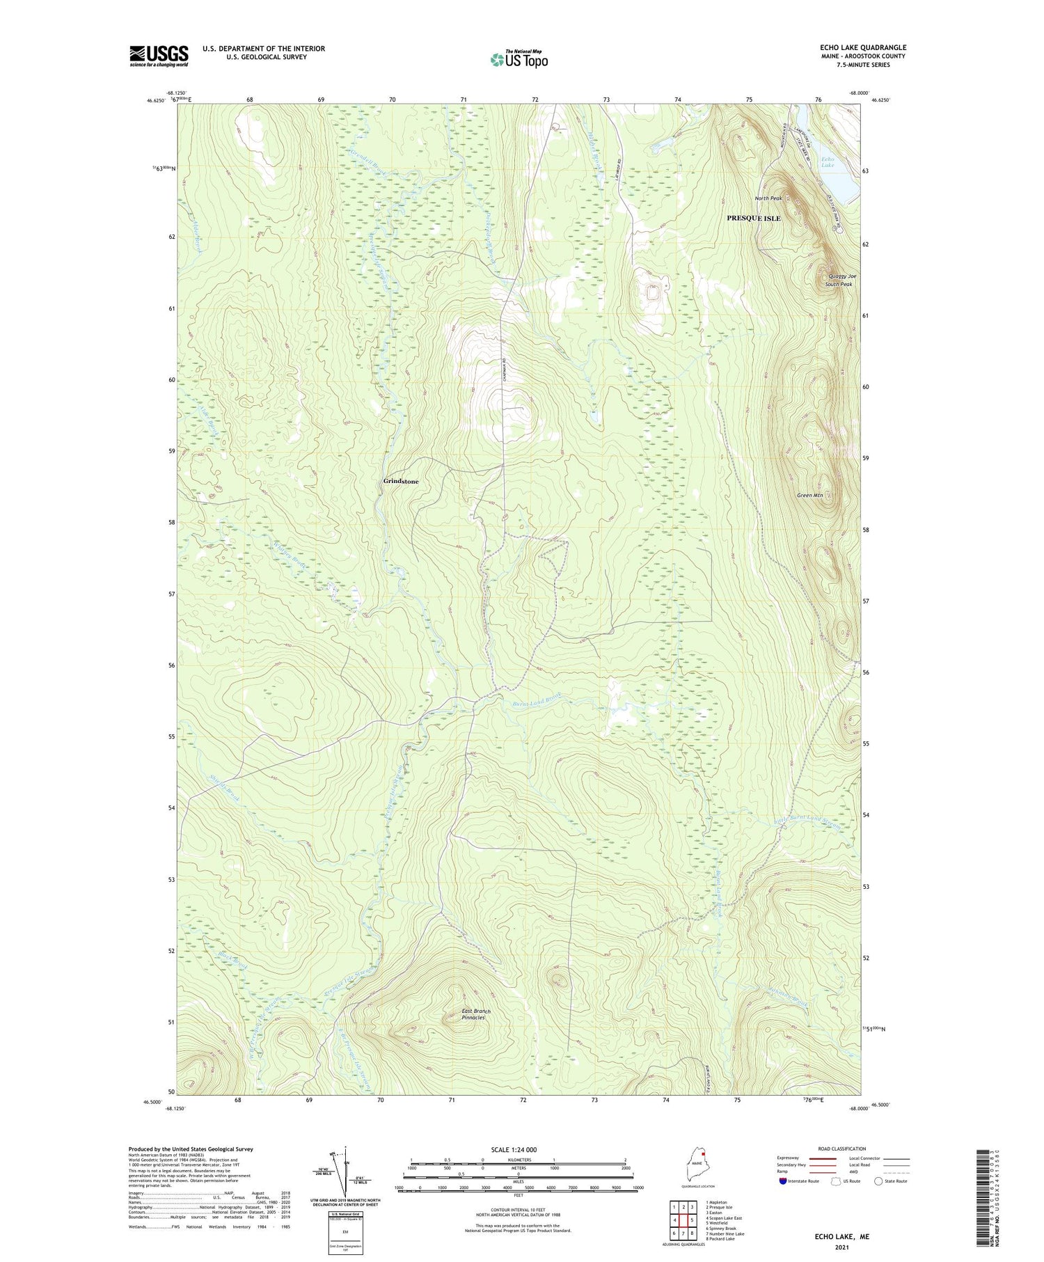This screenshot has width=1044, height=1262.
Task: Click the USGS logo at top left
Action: (x=159, y=56)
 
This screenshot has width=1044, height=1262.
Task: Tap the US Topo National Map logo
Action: (x=519, y=59)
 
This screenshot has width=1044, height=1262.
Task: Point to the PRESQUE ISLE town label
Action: (x=753, y=219)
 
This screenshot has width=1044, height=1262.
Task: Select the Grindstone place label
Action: (x=401, y=481)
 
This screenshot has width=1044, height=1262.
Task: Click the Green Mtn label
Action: (x=809, y=496)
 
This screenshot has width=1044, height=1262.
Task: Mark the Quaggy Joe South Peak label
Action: (x=839, y=281)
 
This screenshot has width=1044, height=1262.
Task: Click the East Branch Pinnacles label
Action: (x=476, y=1014)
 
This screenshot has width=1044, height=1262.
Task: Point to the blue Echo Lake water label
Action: (x=827, y=162)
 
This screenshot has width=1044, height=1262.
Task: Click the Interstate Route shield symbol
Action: (x=782, y=1181)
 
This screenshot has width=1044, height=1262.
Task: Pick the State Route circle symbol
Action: (x=879, y=1181)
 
